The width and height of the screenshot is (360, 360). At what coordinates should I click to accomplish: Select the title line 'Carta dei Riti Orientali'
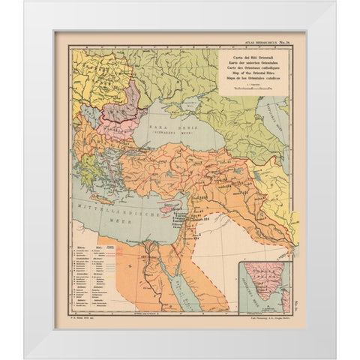point(253,57)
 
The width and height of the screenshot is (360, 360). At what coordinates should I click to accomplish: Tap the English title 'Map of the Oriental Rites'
point(254,73)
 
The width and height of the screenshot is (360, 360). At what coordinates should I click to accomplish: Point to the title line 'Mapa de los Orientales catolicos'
point(254,78)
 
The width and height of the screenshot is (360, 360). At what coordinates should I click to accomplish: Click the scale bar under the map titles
point(254,88)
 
